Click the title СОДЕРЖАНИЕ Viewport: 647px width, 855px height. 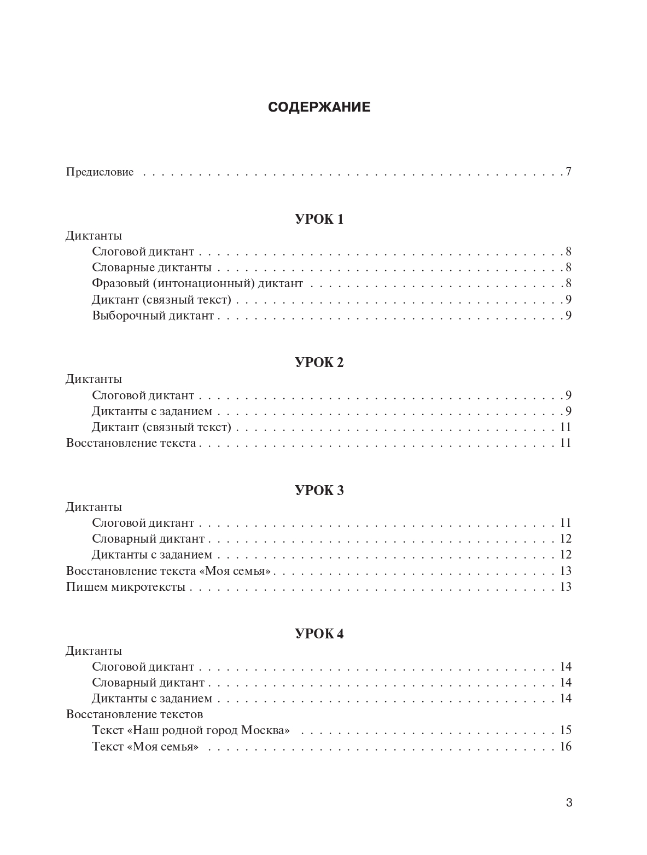tap(319, 107)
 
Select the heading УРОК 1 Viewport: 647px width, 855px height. tap(319, 219)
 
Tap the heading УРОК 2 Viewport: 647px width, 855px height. tap(319, 363)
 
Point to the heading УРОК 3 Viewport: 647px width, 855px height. tap(319, 491)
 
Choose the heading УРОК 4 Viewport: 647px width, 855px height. tap(319, 634)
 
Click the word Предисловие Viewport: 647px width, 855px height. tap(100, 172)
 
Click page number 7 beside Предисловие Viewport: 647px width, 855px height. tap(568, 172)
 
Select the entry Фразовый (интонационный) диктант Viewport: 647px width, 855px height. tap(197, 284)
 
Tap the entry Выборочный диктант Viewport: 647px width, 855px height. tap(153, 316)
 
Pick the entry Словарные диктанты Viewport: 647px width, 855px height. tap(151, 268)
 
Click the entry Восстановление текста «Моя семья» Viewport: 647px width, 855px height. tap(168, 571)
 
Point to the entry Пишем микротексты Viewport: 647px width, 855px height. tap(126, 587)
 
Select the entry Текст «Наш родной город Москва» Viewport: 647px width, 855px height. tap(191, 730)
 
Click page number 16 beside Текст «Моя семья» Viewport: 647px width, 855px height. tap(565, 747)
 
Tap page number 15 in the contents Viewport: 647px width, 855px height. tap(565, 730)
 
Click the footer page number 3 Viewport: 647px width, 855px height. tap(569, 803)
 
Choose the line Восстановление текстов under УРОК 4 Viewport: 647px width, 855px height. tap(135, 714)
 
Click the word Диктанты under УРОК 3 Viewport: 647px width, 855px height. tap(94, 507)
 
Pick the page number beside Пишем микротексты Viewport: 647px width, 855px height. tap(565, 587)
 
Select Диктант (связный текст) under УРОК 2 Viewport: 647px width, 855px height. tap(162, 427)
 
